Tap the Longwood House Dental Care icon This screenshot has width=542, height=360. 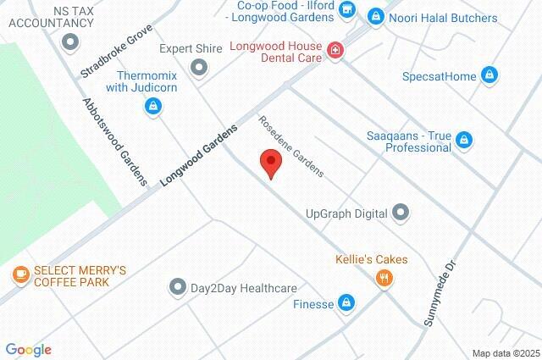tap(336, 51)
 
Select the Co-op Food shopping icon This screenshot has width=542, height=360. tap(346, 9)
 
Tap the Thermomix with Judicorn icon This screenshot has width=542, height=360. tap(153, 106)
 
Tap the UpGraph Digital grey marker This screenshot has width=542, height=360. tap(401, 212)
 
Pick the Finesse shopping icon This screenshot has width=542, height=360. tap(346, 302)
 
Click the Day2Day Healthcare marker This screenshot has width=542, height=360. tap(177, 286)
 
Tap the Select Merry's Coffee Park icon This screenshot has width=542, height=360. tap(20, 274)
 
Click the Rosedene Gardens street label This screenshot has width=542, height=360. tap(291, 146)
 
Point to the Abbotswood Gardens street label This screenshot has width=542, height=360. tap(114, 141)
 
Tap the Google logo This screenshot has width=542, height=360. tap(28, 350)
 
